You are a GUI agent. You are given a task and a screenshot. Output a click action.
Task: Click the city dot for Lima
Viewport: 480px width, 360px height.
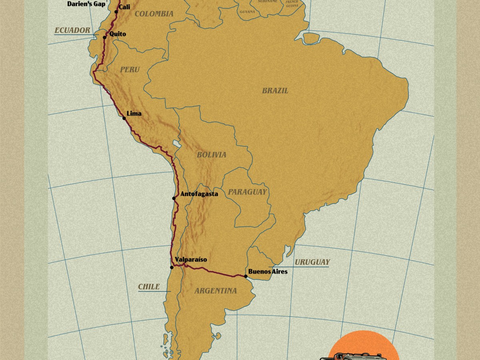124,118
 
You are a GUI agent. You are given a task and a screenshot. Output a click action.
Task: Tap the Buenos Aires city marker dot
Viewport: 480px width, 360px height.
246,276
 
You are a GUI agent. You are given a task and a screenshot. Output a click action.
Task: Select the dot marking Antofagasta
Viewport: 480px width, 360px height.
174,198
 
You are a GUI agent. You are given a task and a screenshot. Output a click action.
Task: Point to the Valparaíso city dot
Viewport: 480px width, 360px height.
172,267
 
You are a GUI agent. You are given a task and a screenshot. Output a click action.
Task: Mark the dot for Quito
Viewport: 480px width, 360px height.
104,38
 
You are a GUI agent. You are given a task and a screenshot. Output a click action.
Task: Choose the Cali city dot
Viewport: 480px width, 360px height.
116,12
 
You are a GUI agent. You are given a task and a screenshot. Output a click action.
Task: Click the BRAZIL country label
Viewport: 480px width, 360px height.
275,91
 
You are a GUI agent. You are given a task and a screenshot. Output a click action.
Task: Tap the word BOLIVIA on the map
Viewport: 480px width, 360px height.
212,155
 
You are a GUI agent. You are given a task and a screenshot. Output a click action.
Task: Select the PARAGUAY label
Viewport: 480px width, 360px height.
247,192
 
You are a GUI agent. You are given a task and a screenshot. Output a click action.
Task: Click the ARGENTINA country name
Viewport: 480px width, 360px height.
216,291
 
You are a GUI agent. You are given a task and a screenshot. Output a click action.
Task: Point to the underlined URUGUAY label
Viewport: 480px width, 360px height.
312,262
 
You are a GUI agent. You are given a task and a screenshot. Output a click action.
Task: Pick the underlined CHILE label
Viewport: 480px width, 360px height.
149,287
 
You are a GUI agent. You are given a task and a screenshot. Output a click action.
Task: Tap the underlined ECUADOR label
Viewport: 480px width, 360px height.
72,30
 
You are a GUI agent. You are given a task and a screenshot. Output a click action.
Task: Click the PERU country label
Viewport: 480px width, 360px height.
130,70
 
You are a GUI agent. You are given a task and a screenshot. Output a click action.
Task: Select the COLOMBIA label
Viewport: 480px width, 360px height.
154,14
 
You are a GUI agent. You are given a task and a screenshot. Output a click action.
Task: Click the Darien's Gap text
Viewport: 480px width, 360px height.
86,4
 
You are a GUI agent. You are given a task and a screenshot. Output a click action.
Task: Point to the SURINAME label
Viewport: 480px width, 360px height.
268,2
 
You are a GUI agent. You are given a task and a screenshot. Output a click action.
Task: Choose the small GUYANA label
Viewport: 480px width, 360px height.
247,12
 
